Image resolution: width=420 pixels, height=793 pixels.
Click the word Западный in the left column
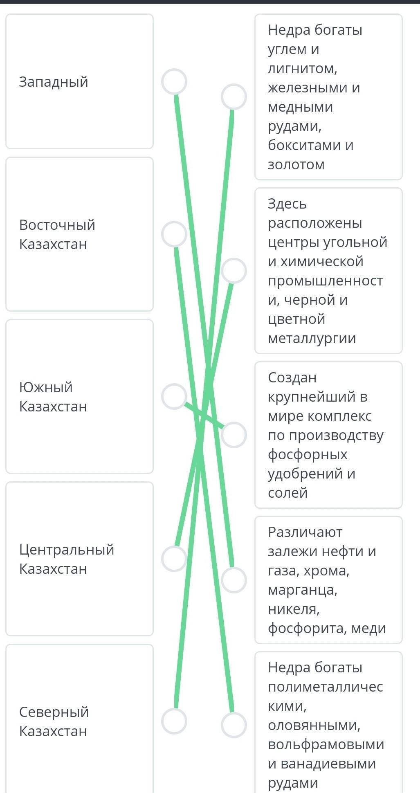point(54,82)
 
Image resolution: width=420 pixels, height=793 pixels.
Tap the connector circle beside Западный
point(174,81)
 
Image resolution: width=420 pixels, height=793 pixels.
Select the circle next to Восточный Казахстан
point(174,234)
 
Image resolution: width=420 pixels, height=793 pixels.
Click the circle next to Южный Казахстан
point(174,396)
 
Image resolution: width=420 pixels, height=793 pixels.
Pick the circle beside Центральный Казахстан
point(174,559)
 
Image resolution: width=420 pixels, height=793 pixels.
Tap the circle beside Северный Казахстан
point(174,721)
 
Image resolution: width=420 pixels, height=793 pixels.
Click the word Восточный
point(57,225)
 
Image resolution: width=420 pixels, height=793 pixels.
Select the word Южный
point(46,387)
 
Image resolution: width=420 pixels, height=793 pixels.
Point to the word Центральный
point(67,549)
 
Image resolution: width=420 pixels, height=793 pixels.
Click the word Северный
point(54,712)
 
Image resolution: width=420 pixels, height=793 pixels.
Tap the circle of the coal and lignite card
point(234,97)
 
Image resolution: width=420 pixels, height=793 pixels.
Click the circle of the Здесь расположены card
point(234,271)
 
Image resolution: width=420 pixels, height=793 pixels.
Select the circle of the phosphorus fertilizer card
point(234,435)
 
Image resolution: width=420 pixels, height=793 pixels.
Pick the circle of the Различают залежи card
point(234,580)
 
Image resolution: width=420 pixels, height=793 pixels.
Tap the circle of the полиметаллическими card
point(234,725)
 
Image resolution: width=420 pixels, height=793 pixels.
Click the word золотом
point(296,164)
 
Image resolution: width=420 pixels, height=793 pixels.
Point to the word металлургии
point(312,338)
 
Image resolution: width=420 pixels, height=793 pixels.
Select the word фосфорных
point(308,454)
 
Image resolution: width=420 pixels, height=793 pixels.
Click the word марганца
point(303,590)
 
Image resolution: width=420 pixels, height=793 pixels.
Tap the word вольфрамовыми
point(326,744)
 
